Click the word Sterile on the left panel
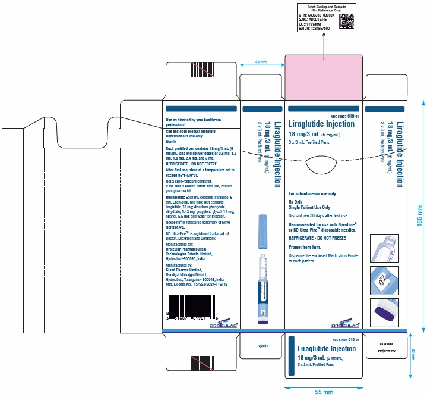[172, 142]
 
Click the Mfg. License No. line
[197, 285]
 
